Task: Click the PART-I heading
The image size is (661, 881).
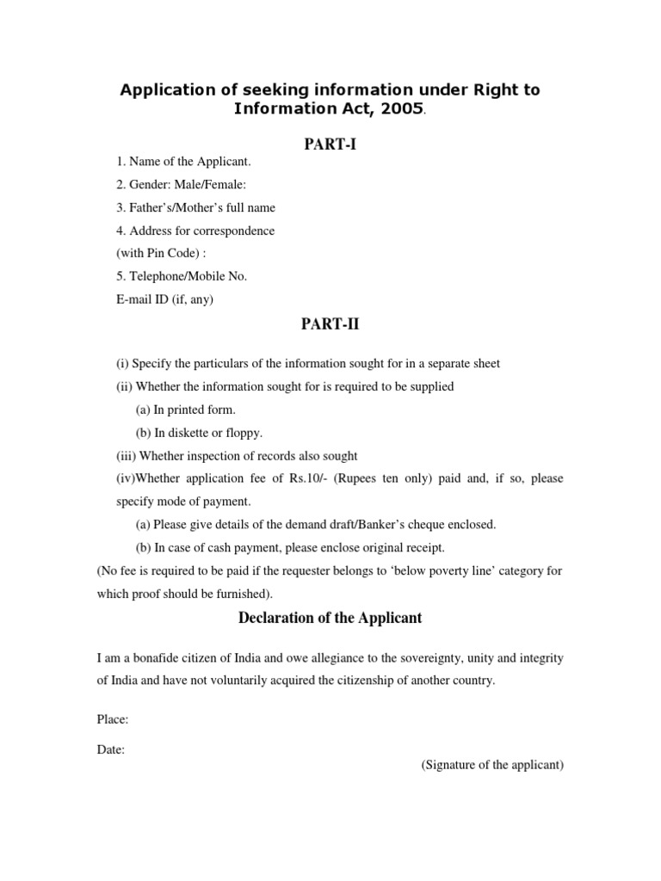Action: tap(330, 145)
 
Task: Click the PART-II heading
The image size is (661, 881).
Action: tap(330, 323)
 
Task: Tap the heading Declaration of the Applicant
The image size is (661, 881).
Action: tap(330, 618)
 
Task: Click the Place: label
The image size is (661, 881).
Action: tap(113, 719)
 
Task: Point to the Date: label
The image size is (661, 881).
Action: tap(111, 749)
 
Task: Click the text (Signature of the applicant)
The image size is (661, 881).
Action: tap(492, 765)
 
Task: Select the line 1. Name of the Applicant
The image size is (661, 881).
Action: tap(184, 162)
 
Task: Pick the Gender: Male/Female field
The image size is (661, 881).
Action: tap(182, 184)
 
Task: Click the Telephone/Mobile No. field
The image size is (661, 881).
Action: tap(182, 276)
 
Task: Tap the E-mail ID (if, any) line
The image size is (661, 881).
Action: tap(165, 299)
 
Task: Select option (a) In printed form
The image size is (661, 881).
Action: tap(186, 410)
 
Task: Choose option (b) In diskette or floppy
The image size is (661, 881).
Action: tap(200, 433)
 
